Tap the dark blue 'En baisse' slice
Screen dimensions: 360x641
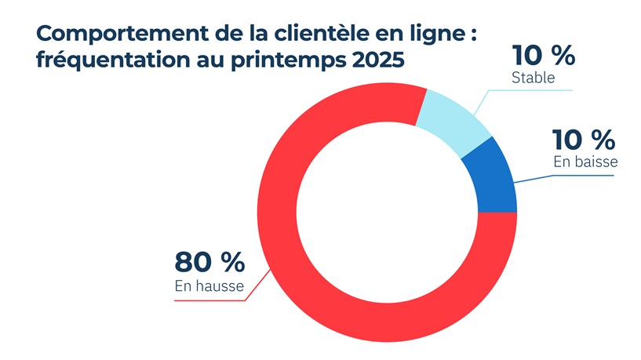tap(490, 179)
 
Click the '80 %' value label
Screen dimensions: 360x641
tap(209, 263)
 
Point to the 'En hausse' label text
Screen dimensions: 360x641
tap(209, 287)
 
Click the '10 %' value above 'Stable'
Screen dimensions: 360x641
tap(543, 56)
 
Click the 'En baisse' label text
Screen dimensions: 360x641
tap(585, 163)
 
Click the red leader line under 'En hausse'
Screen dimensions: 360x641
tap(212, 300)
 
